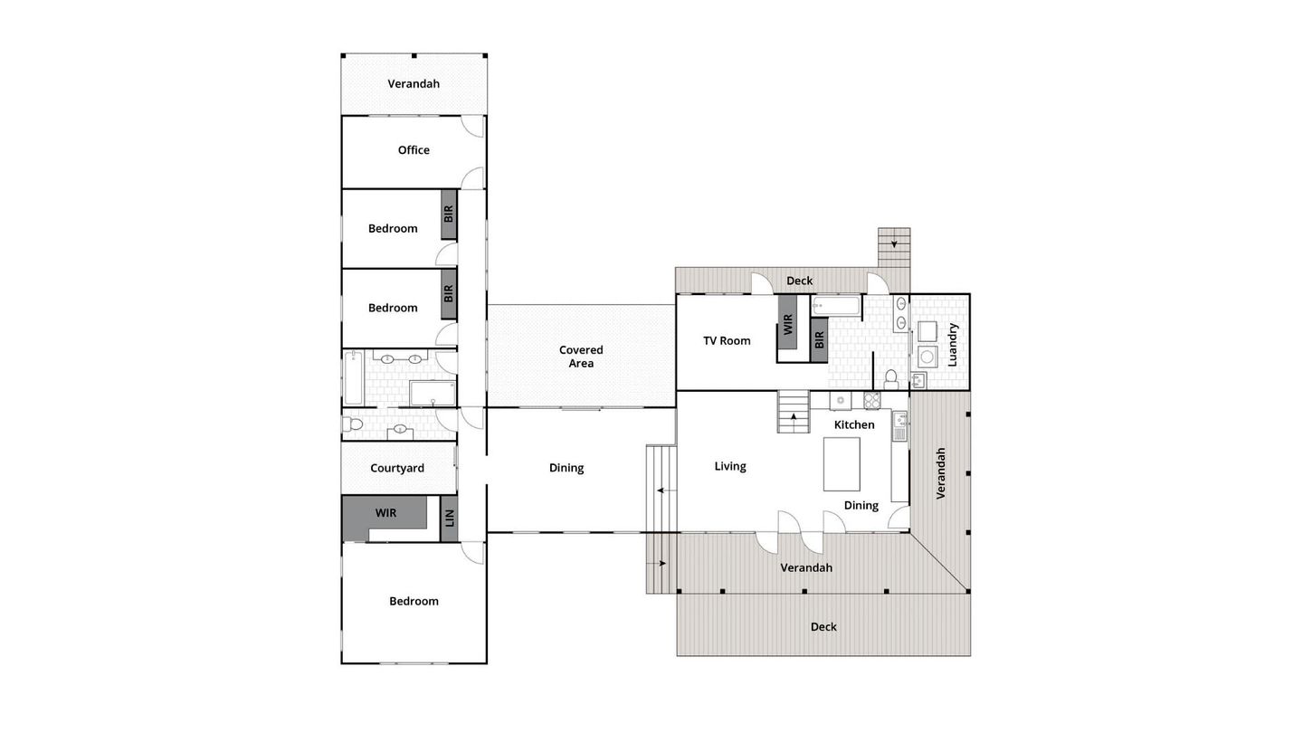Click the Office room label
coord(414,150)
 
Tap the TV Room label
coord(727,341)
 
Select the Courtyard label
coord(397,469)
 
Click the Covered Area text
coord(581,357)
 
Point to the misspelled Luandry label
coord(952,345)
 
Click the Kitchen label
coord(854,424)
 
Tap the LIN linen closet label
coord(449,519)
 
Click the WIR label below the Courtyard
coord(385,513)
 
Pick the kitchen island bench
coord(842,463)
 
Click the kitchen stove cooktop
coord(872,400)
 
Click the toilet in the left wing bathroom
coord(352,424)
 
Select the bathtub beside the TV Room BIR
coord(835,306)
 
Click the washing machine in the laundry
coord(927,356)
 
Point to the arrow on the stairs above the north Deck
coord(894,243)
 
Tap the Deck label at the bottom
coord(823,626)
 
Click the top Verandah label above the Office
coord(414,84)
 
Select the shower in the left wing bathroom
coord(433,393)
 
